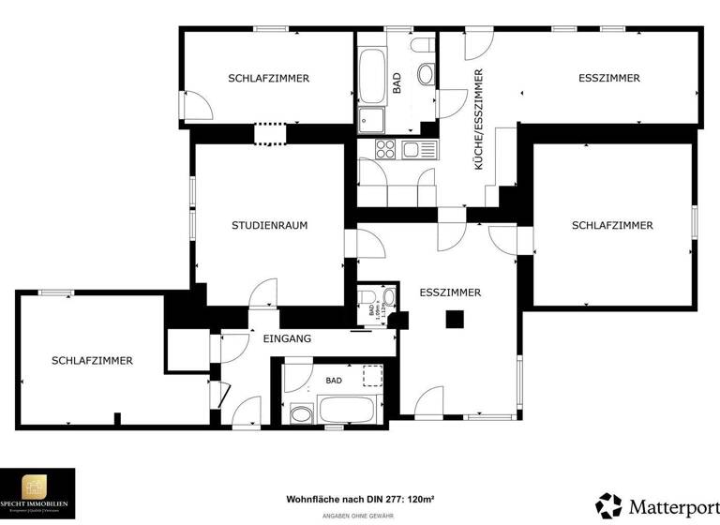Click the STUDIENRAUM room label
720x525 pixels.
(270, 225)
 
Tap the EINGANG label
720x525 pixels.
(287, 338)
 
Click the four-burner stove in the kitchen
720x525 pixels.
(385, 148)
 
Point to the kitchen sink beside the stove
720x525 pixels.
(414, 149)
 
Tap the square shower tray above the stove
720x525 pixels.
(371, 120)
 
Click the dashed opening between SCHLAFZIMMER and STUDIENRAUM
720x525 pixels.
(269, 133)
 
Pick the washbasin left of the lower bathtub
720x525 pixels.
(302, 412)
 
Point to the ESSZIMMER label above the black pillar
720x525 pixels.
(450, 292)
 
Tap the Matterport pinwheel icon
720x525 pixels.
(608, 505)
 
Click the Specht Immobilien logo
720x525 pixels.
(37, 491)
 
